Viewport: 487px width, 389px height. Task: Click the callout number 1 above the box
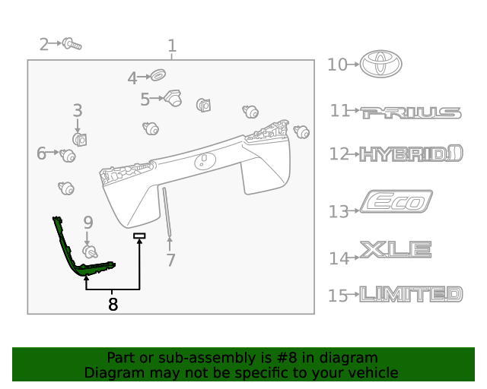tap(172, 46)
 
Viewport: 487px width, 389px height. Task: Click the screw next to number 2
tap(72, 44)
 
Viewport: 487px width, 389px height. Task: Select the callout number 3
tap(78, 111)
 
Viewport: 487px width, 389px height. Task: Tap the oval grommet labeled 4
tap(159, 76)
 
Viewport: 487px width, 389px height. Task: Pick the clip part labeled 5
tap(173, 98)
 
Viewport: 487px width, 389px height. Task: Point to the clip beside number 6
tap(68, 156)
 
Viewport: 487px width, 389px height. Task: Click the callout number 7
tap(170, 261)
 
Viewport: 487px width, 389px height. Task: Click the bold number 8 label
tap(113, 305)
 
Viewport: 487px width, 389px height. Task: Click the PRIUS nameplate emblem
tap(411, 112)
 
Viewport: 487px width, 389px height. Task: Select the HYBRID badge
tap(411, 155)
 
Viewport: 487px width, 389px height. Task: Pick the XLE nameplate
tap(396, 249)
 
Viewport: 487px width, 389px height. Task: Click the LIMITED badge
tap(411, 294)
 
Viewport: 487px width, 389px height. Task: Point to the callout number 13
tap(339, 211)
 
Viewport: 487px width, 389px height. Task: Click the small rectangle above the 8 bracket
tap(139, 236)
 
